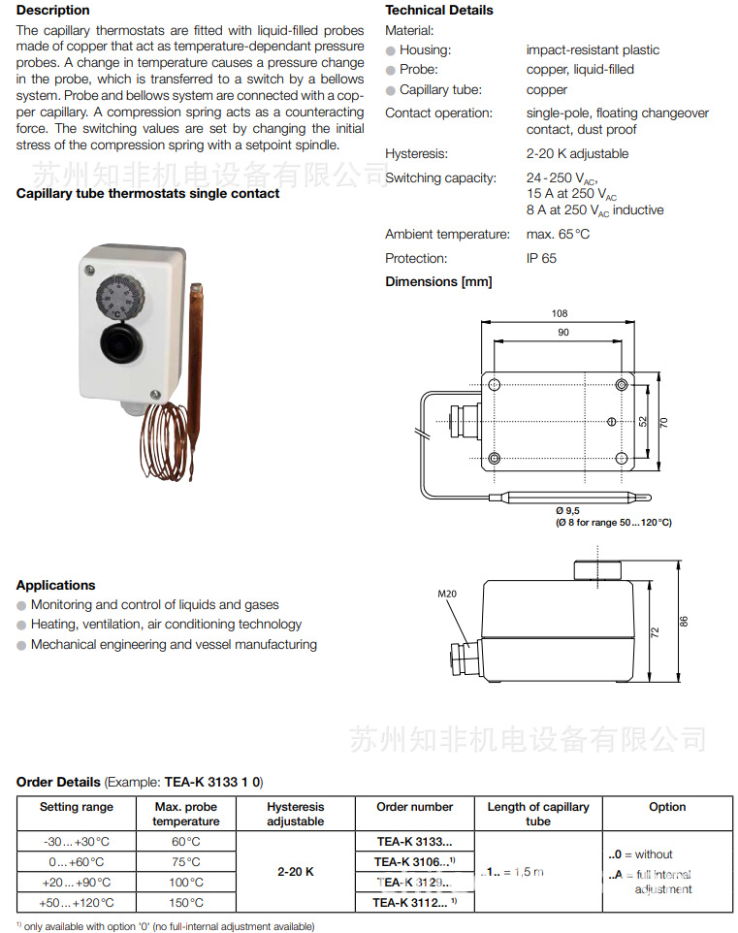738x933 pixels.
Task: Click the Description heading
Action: [x=53, y=11]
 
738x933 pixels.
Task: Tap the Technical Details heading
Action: [x=438, y=11]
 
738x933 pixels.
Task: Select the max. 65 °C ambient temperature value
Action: [x=558, y=235]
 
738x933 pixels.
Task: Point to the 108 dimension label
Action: [x=560, y=314]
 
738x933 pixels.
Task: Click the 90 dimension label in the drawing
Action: [x=562, y=333]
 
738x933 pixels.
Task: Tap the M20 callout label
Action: [x=446, y=595]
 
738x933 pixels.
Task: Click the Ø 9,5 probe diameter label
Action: [x=567, y=510]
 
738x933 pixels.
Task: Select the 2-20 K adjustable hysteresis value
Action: [x=577, y=154]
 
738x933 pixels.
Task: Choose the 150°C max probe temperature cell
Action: [x=186, y=903]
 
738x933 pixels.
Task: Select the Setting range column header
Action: [x=77, y=807]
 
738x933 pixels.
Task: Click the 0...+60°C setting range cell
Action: [x=77, y=862]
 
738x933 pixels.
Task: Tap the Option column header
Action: [x=667, y=807]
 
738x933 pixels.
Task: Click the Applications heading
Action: [x=56, y=586]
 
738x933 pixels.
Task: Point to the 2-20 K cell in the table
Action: [x=296, y=872]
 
